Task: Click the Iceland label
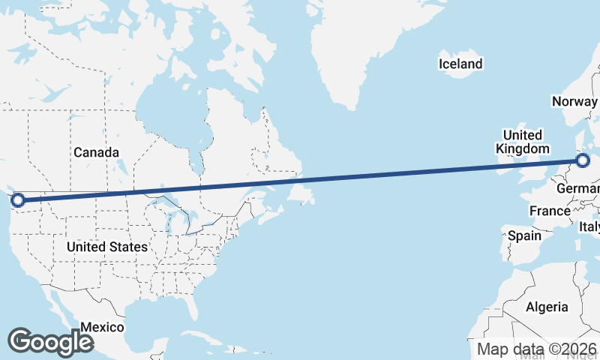coord(460,64)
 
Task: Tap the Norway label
coord(574,101)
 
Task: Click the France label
coord(550,211)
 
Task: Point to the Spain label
coord(524,235)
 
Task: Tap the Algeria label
coord(547,307)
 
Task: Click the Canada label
coord(96,153)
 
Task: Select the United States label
coord(106,247)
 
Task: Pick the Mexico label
coord(102,327)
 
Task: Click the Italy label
coord(589,226)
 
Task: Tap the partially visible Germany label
coord(578,187)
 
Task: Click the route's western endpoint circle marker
coord(18,199)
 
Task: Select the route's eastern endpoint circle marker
coord(583,160)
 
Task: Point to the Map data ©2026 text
coord(537,349)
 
